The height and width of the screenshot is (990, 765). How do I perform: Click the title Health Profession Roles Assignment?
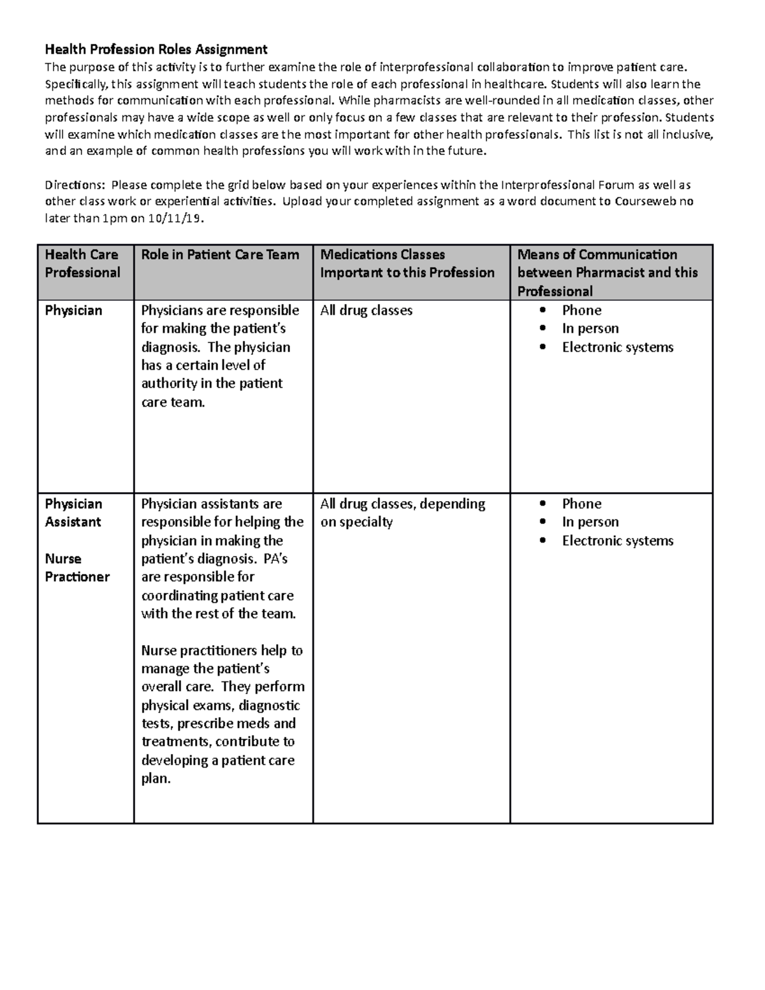click(156, 49)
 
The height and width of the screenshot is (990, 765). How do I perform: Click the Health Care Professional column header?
click(82, 263)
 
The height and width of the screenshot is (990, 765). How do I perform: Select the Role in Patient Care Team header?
click(220, 254)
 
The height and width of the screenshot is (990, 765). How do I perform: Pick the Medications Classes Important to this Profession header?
click(407, 263)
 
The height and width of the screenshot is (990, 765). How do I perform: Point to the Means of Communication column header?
click(608, 272)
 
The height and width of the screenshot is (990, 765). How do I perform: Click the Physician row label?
click(73, 310)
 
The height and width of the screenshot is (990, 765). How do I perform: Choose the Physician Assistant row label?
click(73, 513)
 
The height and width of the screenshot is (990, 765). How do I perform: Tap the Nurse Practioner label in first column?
click(77, 567)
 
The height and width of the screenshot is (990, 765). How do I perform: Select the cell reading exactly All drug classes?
click(366, 310)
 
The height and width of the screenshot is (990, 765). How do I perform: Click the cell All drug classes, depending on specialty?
click(402, 513)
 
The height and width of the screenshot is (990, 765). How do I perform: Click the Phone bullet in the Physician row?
click(581, 310)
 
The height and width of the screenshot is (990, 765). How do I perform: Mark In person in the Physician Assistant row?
click(590, 522)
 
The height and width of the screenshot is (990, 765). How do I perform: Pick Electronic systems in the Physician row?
click(617, 347)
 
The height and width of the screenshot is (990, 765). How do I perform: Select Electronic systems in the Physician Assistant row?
click(617, 541)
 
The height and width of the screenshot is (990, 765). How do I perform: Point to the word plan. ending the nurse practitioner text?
click(156, 778)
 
